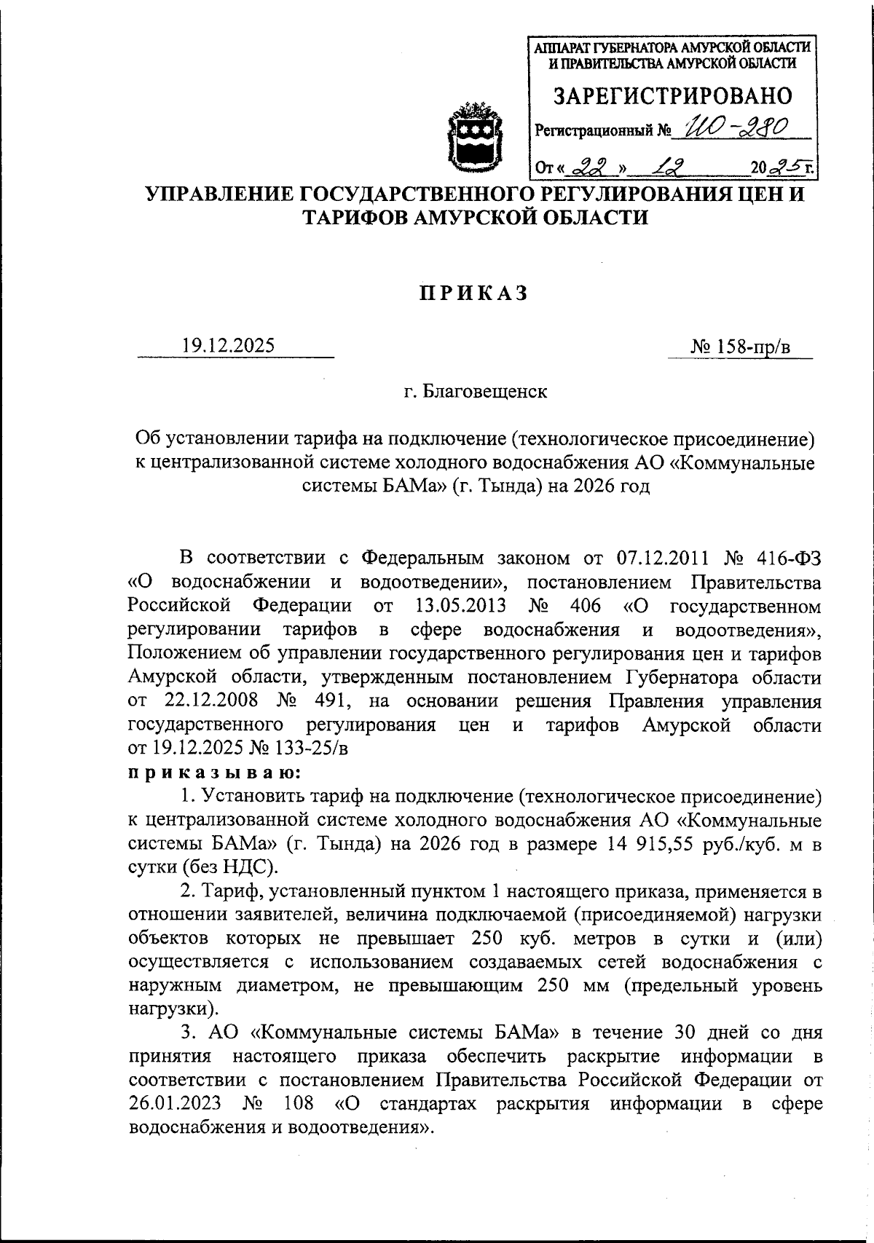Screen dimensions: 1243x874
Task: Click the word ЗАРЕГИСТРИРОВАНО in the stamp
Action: tap(672, 96)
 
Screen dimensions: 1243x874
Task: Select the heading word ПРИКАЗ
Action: tap(471, 293)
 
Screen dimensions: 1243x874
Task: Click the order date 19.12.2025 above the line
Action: tap(229, 345)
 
